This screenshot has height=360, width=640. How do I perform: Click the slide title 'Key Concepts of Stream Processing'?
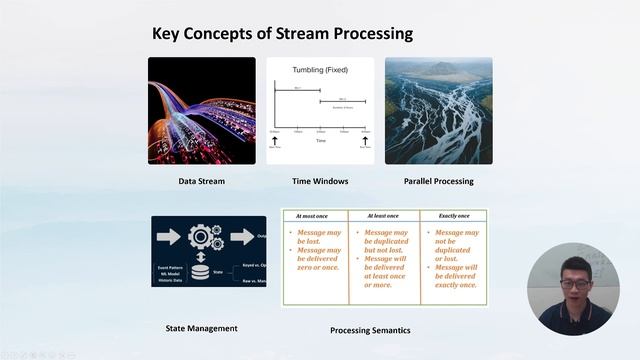coord(282,34)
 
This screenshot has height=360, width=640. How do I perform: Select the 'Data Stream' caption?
coord(201,181)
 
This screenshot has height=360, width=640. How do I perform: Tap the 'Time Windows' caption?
coord(320,181)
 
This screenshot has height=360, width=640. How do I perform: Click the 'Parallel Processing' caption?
coord(438,181)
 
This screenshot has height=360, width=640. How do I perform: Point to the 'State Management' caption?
coord(201,328)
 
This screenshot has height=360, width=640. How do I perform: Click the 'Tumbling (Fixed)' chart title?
coord(320,71)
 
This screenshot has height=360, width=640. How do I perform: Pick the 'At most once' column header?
coord(314,215)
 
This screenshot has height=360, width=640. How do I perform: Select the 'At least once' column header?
coord(383,215)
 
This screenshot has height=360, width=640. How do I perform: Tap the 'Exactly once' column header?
coord(452,215)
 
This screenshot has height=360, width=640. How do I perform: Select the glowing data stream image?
coord(201,110)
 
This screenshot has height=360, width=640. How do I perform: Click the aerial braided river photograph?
coord(438,110)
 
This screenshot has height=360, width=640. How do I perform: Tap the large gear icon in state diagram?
coord(201,238)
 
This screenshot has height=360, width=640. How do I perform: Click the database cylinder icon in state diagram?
coord(201,270)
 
